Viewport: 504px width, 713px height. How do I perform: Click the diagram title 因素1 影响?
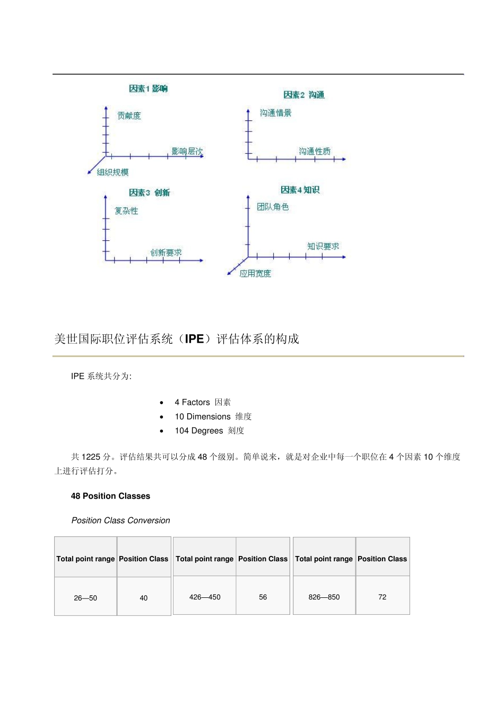pyautogui.click(x=148, y=89)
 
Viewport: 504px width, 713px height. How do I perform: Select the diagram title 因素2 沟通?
pyautogui.click(x=303, y=95)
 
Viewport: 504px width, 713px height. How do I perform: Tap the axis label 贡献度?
pyautogui.click(x=129, y=116)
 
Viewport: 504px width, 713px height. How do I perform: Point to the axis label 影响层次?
pyautogui.click(x=187, y=151)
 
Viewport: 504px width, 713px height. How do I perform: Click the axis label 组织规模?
pyautogui.click(x=112, y=172)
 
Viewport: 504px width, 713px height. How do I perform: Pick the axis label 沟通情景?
pyautogui.click(x=275, y=113)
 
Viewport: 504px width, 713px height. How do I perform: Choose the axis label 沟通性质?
pyautogui.click(x=314, y=151)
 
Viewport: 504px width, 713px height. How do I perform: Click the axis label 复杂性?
pyautogui.click(x=126, y=211)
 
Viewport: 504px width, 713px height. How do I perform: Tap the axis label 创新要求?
pyautogui.click(x=166, y=253)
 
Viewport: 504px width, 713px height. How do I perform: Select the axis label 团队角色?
pyautogui.click(x=273, y=207)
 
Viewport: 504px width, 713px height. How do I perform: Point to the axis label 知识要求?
pyautogui.click(x=323, y=246)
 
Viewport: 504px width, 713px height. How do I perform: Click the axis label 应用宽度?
pyautogui.click(x=255, y=274)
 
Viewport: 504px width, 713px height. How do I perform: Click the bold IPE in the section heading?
pyautogui.click(x=194, y=339)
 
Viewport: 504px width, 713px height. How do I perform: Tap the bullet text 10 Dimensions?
pyautogui.click(x=203, y=416)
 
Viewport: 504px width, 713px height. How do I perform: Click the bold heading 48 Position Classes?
pyautogui.click(x=110, y=496)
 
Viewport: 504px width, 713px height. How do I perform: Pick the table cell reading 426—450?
pyautogui.click(x=205, y=597)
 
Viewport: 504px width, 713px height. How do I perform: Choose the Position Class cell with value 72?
pyautogui.click(x=383, y=597)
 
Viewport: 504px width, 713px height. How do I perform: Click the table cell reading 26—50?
pyautogui.click(x=85, y=598)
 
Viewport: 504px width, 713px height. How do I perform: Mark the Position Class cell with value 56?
pyautogui.click(x=263, y=597)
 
